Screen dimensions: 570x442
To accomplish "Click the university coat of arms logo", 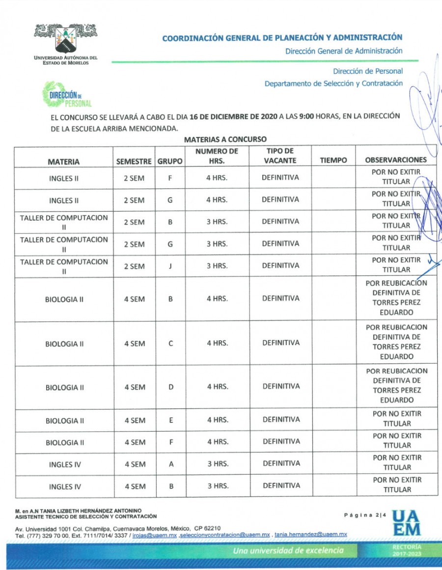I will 65,39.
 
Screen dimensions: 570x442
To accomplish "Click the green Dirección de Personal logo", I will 67,95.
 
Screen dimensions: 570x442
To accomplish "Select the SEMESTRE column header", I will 134,161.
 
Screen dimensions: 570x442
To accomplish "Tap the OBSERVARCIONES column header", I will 396,160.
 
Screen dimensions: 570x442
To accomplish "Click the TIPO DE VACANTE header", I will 280,156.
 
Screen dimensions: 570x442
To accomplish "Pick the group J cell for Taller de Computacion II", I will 170,266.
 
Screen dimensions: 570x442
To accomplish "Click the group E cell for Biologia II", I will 170,420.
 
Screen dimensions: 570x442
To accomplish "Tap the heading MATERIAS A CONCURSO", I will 225,139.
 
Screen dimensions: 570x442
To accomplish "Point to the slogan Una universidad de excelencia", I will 289,550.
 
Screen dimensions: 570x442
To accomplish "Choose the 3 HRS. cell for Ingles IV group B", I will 217,486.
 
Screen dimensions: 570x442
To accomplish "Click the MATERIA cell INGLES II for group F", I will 63,179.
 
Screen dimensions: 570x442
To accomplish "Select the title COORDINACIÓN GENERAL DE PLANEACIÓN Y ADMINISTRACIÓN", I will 282,38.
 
